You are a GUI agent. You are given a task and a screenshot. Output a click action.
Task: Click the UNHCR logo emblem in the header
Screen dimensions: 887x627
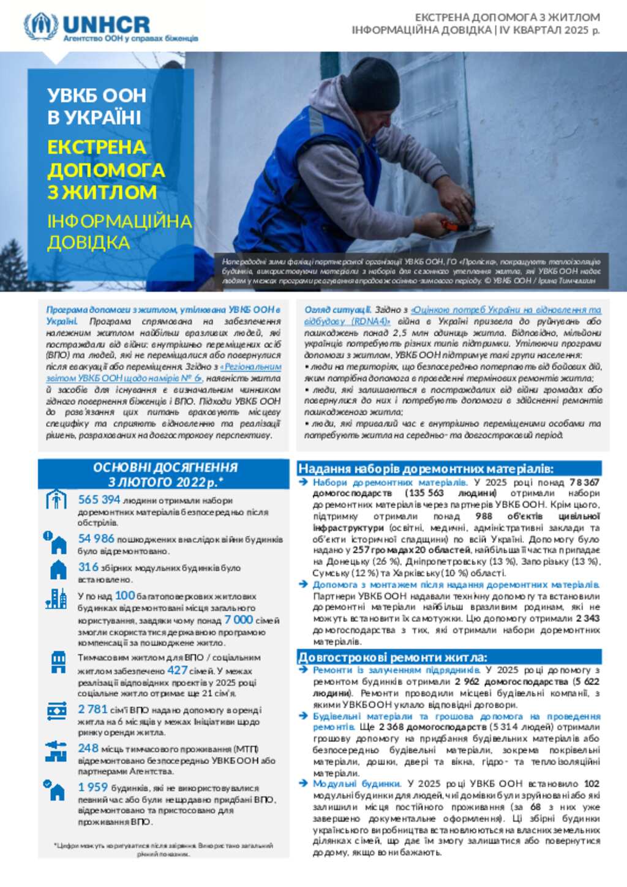coord(41,27)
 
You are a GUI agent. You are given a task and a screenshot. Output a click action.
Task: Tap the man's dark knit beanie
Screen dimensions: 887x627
coord(372,84)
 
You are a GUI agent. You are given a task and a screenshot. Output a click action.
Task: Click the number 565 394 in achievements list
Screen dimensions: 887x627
coord(99,500)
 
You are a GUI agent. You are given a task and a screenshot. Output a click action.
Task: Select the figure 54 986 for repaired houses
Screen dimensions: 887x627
coord(96,539)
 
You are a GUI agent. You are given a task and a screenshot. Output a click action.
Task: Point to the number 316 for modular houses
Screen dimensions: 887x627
coord(88,567)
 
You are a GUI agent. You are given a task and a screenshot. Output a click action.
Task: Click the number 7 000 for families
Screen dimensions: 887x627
coord(238,619)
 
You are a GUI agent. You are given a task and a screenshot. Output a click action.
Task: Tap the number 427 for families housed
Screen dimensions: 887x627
coord(178,670)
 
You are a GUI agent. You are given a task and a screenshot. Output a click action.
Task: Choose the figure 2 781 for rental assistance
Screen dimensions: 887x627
coord(92,709)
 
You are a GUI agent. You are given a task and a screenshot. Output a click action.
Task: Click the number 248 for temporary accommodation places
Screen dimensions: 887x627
coord(88,748)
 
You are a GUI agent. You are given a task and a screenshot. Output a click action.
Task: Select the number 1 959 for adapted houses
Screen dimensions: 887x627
coord(92,787)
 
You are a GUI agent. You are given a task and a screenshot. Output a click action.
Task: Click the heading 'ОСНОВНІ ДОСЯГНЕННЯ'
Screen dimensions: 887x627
coord(165,468)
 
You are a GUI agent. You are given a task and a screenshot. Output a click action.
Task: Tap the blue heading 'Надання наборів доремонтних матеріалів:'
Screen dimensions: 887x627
coord(426,470)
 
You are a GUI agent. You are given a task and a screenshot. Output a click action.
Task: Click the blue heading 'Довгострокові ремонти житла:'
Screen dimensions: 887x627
coord(392,657)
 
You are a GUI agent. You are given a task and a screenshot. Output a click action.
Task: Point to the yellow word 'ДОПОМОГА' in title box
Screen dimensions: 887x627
coord(106,170)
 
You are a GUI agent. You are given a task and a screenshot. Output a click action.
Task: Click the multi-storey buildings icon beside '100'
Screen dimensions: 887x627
coord(56,599)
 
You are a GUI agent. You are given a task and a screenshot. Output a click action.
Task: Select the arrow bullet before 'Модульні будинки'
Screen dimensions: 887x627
coord(303,784)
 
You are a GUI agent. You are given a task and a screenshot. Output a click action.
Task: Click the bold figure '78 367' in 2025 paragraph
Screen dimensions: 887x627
coord(584,482)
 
